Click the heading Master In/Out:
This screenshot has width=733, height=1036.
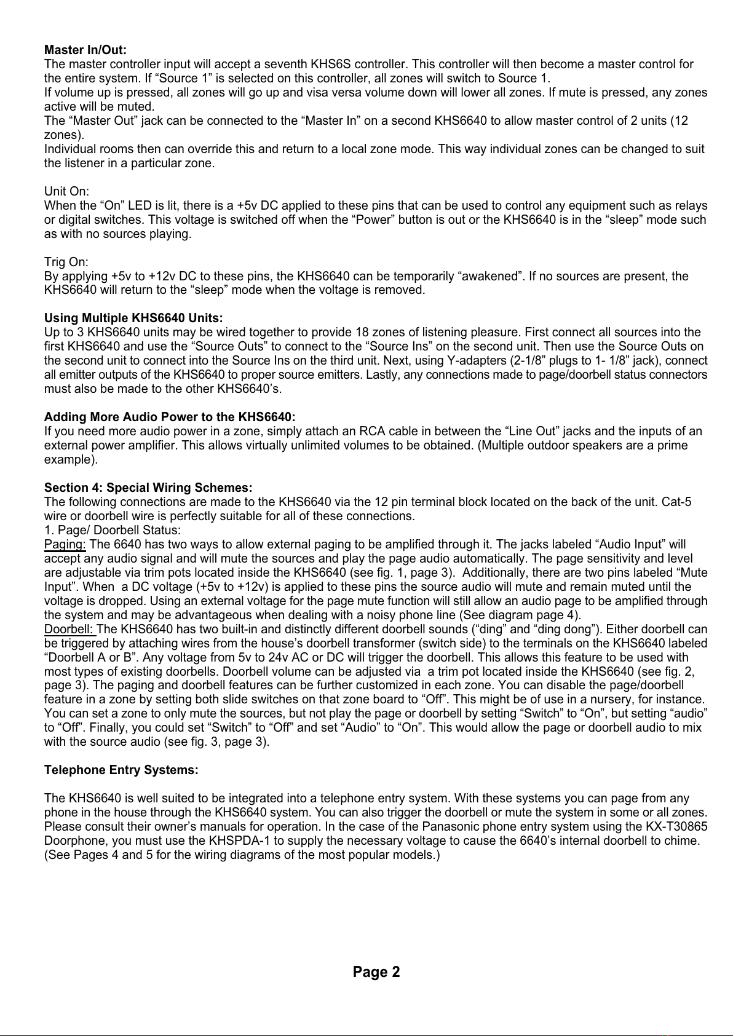click(x=85, y=50)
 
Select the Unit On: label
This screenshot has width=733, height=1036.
click(x=66, y=192)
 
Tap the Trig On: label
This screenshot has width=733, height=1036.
click(x=66, y=263)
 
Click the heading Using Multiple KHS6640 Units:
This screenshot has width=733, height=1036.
click(x=133, y=318)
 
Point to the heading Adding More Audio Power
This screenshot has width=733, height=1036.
click(x=170, y=417)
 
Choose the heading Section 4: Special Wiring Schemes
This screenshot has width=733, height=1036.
click(x=148, y=488)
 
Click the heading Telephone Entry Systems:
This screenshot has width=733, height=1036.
click(x=121, y=770)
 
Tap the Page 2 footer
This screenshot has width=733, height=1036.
click(x=376, y=972)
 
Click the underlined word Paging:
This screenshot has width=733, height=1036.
click(x=65, y=544)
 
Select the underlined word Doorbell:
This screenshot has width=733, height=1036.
click(x=69, y=629)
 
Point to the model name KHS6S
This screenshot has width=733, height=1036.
click(x=331, y=64)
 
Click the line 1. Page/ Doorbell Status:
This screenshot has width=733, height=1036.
click(x=112, y=530)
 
